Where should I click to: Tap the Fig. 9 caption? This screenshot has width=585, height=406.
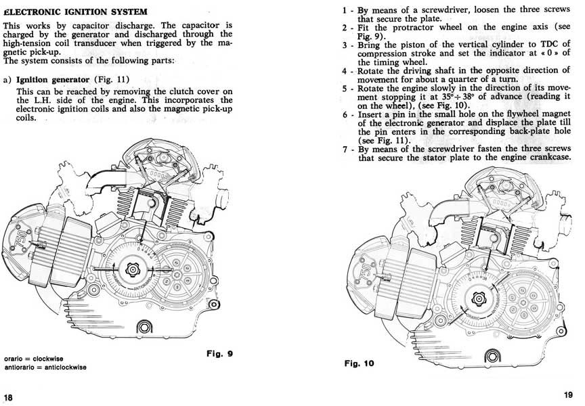(x=222, y=353)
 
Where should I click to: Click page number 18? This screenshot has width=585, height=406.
(x=8, y=396)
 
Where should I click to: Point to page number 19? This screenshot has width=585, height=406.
(x=567, y=395)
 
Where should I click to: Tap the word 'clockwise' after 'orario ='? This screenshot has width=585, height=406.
(x=49, y=357)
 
